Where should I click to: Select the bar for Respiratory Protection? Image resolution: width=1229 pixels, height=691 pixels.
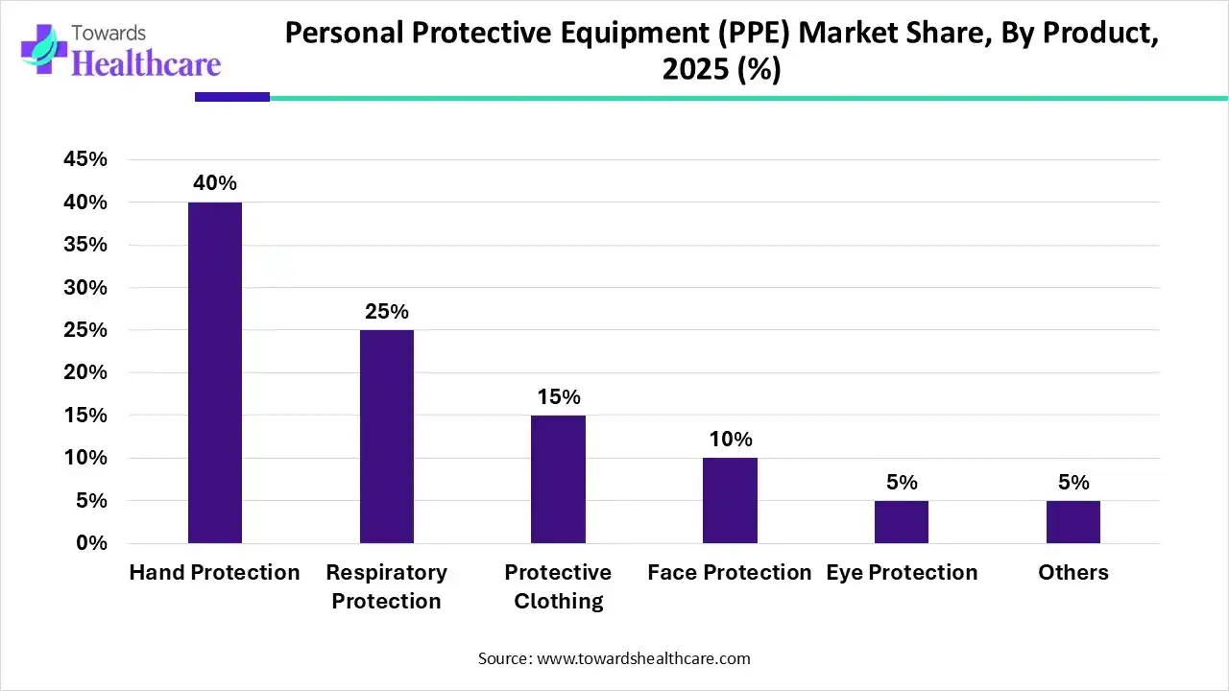coord(387,437)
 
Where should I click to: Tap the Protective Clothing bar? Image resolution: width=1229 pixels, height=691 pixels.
coord(558,479)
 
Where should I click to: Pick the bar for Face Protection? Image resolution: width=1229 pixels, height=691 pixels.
coord(730,500)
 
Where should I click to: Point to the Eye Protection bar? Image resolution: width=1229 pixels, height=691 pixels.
coord(902,521)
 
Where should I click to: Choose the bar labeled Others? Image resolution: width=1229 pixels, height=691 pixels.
coord(1073,521)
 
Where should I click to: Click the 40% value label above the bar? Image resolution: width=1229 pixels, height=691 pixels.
coord(215,183)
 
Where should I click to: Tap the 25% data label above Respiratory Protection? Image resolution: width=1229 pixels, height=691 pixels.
coord(387,312)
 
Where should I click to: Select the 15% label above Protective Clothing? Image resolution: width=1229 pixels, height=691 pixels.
coord(558,397)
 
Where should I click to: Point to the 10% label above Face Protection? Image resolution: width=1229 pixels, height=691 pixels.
coord(730,440)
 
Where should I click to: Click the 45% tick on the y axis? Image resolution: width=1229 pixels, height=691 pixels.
coord(84,160)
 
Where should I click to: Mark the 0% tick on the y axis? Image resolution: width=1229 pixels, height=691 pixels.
coord(91,543)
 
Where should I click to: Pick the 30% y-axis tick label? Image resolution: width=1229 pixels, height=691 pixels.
coord(84,288)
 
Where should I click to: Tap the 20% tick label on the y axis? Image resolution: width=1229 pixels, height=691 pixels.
coord(84,372)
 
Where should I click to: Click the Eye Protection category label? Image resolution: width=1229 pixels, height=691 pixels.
coord(902,573)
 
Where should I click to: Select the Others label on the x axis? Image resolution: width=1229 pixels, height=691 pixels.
coord(1073,573)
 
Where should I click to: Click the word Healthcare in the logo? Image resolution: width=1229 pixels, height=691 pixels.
coord(146,63)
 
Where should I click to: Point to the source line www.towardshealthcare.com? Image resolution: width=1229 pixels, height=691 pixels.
coord(614,658)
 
